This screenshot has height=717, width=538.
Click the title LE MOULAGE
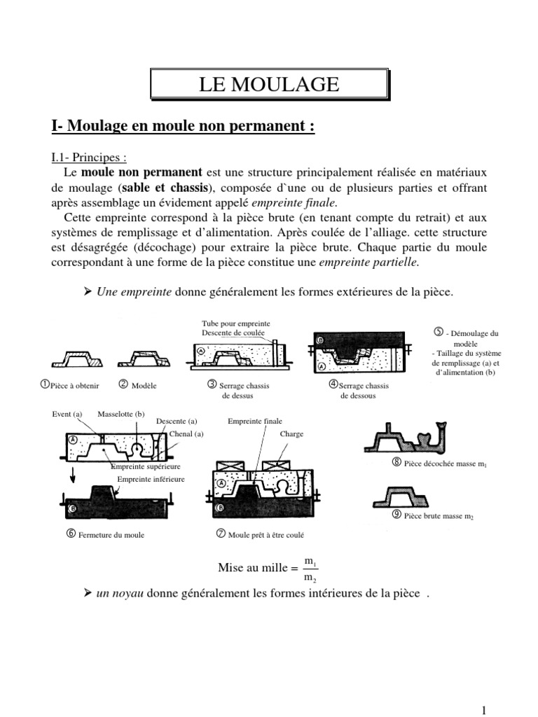[269, 85]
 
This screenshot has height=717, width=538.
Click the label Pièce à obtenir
[74, 385]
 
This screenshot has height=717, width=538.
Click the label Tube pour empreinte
[236, 323]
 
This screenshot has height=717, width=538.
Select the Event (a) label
[67, 414]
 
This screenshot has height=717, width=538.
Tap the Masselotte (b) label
[121, 414]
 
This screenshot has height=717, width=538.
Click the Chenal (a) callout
[186, 434]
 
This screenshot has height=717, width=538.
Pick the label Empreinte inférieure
[151, 479]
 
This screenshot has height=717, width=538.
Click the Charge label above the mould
[291, 434]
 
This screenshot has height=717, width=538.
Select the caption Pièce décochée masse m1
[432, 464]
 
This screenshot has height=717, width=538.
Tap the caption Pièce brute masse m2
[434, 516]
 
